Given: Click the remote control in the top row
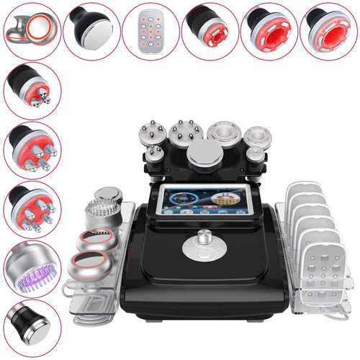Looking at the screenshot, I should click(x=149, y=31).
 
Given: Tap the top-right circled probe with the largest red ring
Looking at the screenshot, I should click(x=330, y=31).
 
